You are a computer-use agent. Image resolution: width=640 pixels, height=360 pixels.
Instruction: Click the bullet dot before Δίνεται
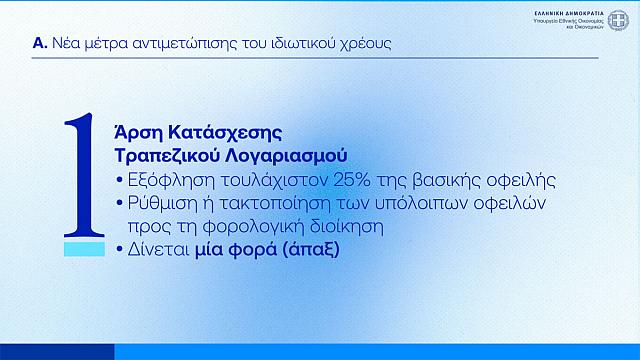[121, 250]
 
